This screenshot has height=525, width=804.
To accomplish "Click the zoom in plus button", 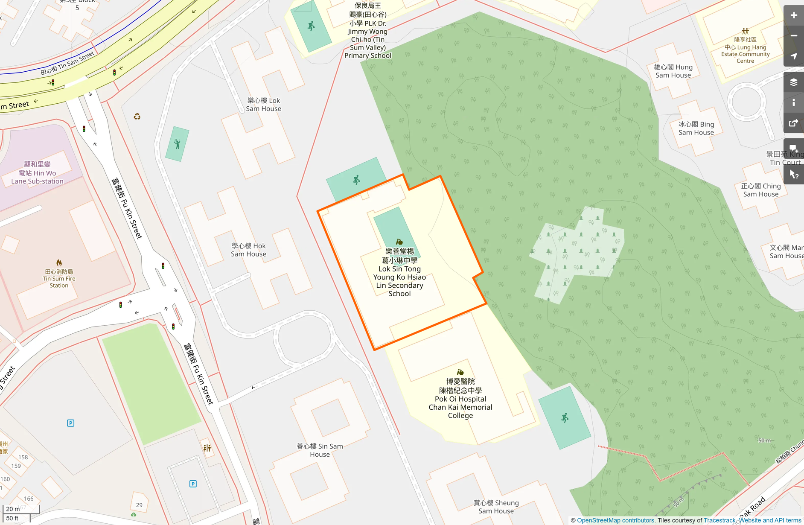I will coord(793,15).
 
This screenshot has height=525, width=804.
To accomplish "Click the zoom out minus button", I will coord(793,36).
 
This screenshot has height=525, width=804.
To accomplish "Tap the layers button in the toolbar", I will coord(793,82).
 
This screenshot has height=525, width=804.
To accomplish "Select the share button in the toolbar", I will coord(793,123).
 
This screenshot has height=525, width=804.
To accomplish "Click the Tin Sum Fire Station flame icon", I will coord(59,262).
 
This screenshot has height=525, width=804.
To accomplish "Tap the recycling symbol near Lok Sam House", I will coord(137,117).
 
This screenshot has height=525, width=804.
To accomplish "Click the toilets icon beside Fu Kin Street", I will coord(207,448).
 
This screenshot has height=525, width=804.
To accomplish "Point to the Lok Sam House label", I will coord(263,105).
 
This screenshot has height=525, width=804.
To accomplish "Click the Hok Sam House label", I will coord(248,250).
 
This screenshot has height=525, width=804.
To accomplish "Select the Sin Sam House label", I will coord(320,450).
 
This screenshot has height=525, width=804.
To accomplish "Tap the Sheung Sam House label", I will coord(496,507).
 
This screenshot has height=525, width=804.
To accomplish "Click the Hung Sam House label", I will coord(673,71).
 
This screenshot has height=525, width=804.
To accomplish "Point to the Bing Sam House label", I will coord(696,128).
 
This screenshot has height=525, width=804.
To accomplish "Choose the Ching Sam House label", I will coord(761,190).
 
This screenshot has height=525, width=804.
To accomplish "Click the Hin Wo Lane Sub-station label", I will coord(37,173).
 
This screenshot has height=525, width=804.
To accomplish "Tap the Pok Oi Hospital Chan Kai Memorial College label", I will coord(460,398).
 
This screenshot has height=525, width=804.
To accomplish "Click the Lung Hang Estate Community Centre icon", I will coord(745,31).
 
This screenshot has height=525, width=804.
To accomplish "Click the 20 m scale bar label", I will coord(13,509).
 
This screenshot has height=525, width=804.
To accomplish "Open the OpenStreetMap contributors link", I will coord(616,520).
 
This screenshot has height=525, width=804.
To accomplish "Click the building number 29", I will coord(139,505).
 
